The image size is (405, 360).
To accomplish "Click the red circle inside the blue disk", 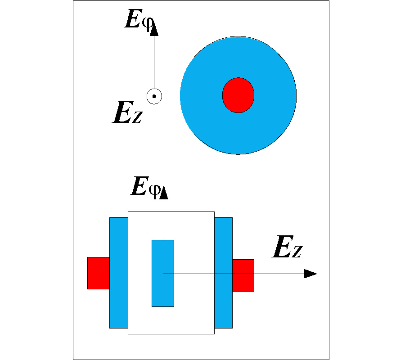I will point(238,95).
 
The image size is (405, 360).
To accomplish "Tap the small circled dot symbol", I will point(154,96).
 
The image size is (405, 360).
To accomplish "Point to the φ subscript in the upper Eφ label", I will point(148,23).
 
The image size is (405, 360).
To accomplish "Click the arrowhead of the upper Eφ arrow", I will point(154,30).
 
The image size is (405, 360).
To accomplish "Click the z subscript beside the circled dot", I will point(137,117).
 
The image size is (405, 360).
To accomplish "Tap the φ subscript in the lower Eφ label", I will point(154,189).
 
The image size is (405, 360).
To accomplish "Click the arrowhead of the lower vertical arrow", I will point(164,192).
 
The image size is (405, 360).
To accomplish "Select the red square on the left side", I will point(98,273).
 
